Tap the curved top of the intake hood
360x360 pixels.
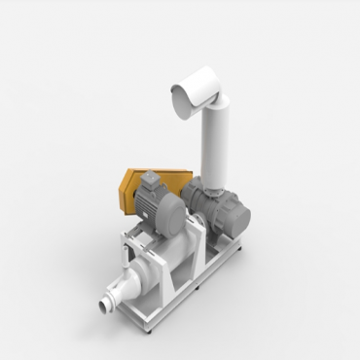pos(199,78)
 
